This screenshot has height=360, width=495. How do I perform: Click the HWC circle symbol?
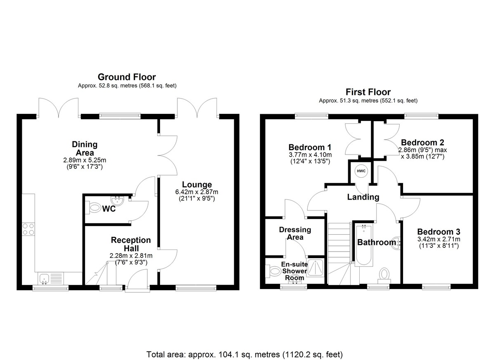[361, 171]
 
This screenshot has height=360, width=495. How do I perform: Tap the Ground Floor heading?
[127, 77]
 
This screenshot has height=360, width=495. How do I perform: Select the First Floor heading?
[368, 92]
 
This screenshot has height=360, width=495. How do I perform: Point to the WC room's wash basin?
[117, 200]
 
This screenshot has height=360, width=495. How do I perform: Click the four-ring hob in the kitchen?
[29, 229]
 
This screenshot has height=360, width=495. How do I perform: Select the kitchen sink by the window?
[51, 278]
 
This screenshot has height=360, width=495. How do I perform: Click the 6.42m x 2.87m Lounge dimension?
[197, 192]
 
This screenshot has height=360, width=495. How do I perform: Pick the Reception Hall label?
[131, 244]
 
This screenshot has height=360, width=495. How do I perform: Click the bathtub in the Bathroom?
[363, 245]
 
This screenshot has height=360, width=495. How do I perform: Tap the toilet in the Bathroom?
[384, 276]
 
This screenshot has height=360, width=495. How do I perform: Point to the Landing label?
[363, 197]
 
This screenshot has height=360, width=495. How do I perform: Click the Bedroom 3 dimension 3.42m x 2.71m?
[438, 239]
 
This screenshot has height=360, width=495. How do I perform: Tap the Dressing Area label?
[295, 233]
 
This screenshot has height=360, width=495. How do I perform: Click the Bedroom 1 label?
[310, 147]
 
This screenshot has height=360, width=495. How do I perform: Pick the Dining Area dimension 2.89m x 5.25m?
[85, 160]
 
